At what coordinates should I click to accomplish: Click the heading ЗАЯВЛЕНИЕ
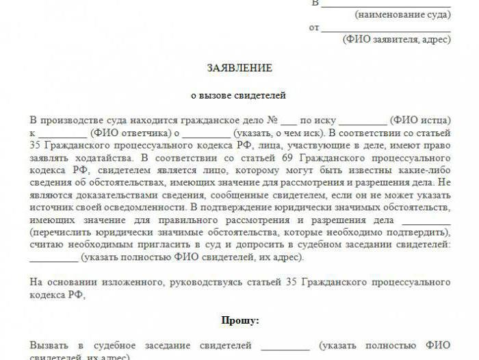tap(239, 68)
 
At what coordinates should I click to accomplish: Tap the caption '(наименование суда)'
tap(403, 14)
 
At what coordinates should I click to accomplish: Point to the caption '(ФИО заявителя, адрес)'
tap(397, 40)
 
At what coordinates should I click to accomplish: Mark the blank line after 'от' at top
tap(385, 29)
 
